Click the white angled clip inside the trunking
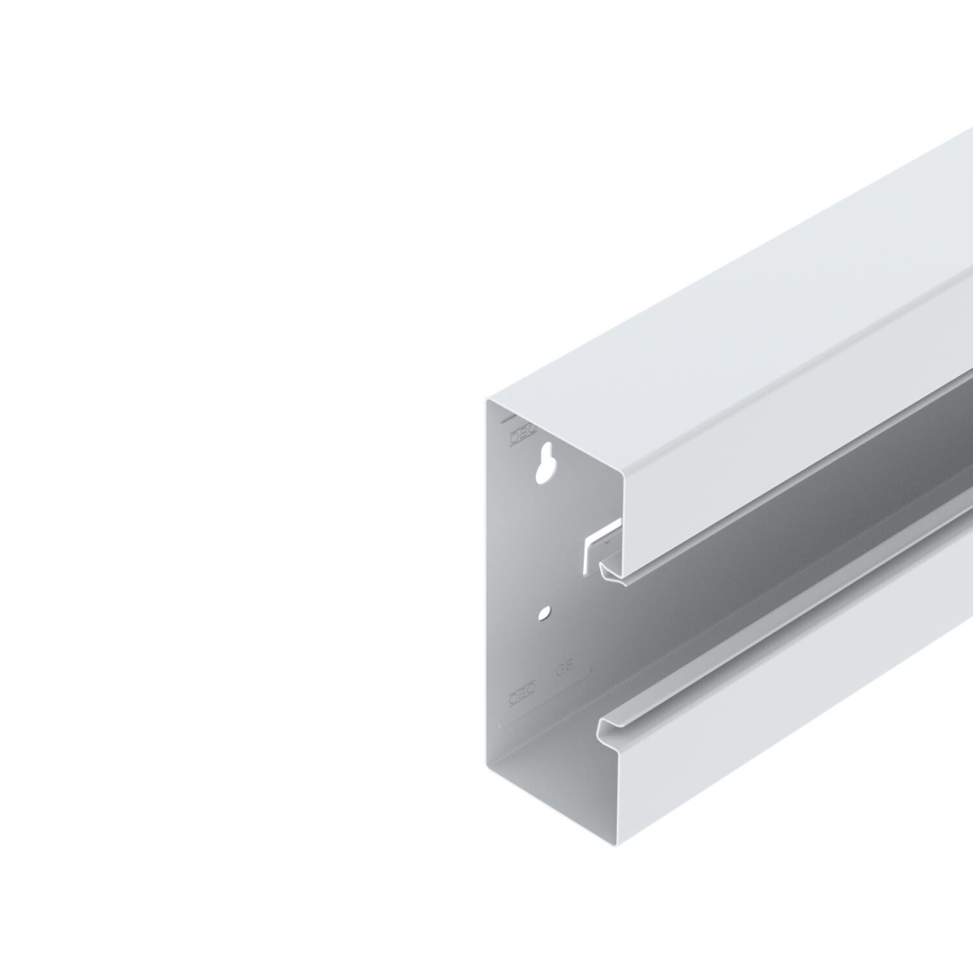point(596,544)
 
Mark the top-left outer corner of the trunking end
point(488,399)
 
